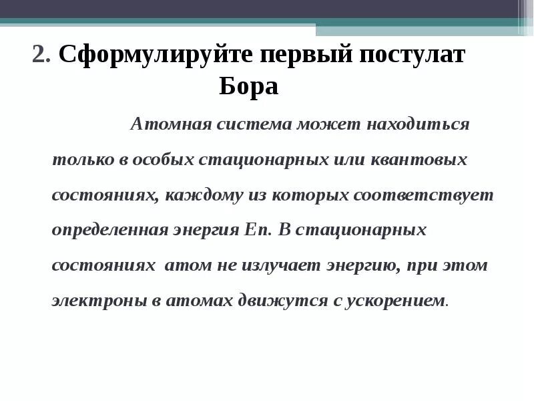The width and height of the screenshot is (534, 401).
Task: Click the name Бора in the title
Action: pyautogui.click(x=249, y=88)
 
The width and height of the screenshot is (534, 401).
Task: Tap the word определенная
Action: pyautogui.click(x=109, y=231)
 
